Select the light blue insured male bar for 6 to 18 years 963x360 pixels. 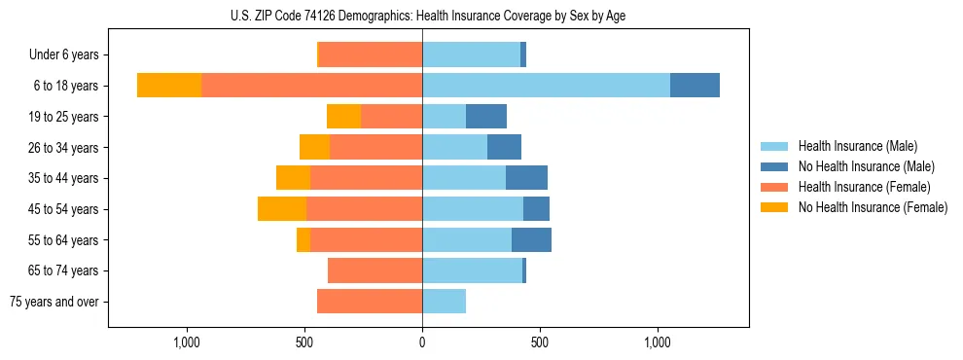(546, 86)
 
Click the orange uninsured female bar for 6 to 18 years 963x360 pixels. (169, 86)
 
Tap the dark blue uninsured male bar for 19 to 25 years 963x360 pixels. (486, 117)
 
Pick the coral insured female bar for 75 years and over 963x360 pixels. (370, 302)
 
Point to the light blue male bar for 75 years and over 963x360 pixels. (444, 302)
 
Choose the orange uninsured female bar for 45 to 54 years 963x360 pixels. (282, 209)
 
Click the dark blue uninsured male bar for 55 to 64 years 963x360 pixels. (531, 240)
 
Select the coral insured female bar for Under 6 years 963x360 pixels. (371, 54)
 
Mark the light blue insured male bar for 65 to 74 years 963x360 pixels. (472, 270)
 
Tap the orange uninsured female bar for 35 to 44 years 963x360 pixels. (293, 178)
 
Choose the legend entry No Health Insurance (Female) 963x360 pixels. (873, 207)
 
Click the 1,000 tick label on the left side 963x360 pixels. (187, 342)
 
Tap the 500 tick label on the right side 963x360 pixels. (540, 342)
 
